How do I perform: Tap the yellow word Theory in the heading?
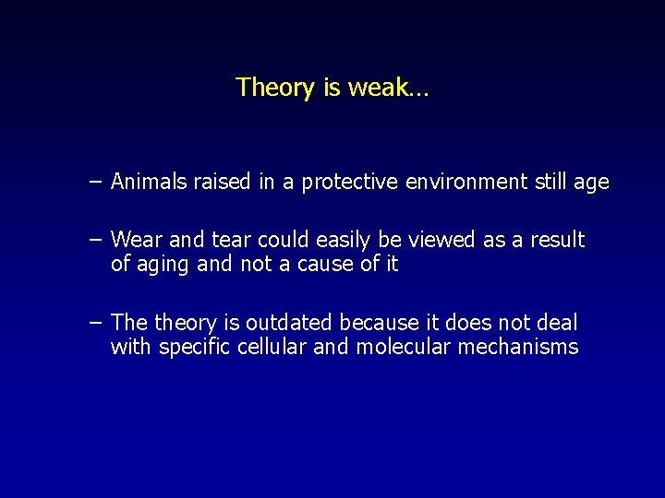(275, 89)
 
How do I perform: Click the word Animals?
(149, 182)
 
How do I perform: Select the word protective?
(357, 183)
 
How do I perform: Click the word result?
(557, 240)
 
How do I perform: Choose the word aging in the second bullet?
(163, 265)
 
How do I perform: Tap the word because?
(381, 323)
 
